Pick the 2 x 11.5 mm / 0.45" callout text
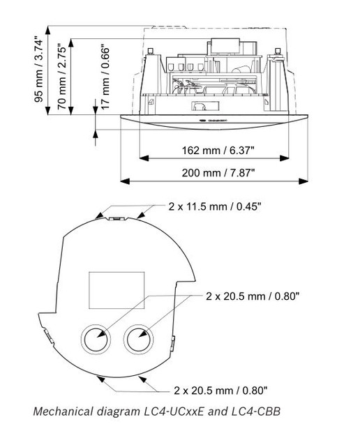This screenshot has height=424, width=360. [x=221, y=206]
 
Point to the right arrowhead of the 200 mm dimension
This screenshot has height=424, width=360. [x=303, y=181]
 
